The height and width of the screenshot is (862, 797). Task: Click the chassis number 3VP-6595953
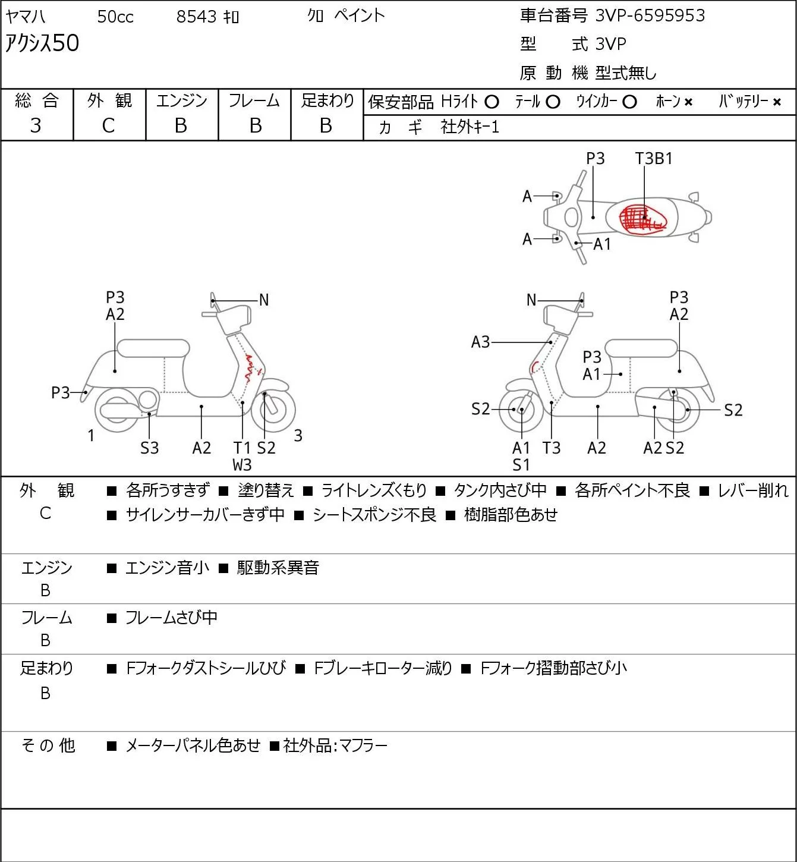650,15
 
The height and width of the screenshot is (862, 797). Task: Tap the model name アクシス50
42,43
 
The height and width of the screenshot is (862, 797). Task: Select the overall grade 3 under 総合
36,125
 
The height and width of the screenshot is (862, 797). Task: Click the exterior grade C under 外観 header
108,126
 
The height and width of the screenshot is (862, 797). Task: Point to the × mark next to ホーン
688,102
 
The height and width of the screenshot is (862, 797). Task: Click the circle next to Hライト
492,102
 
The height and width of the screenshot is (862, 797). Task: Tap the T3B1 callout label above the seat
654,158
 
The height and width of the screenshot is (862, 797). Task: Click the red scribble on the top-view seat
642,218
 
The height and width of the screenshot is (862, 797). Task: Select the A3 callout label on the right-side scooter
481,342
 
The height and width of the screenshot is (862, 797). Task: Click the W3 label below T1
242,465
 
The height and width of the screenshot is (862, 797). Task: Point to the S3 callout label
149,448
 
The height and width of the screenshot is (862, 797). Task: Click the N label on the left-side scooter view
264,300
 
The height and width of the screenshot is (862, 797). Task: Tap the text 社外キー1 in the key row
470,127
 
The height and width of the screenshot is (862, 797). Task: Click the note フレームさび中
171,617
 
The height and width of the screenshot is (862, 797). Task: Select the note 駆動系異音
278,567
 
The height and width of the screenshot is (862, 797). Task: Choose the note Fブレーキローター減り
383,668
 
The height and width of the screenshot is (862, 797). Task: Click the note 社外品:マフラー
335,745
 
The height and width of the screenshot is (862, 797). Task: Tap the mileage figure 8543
196,17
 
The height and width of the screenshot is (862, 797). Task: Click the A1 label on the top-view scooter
602,244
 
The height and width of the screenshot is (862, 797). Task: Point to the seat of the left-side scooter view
153,348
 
